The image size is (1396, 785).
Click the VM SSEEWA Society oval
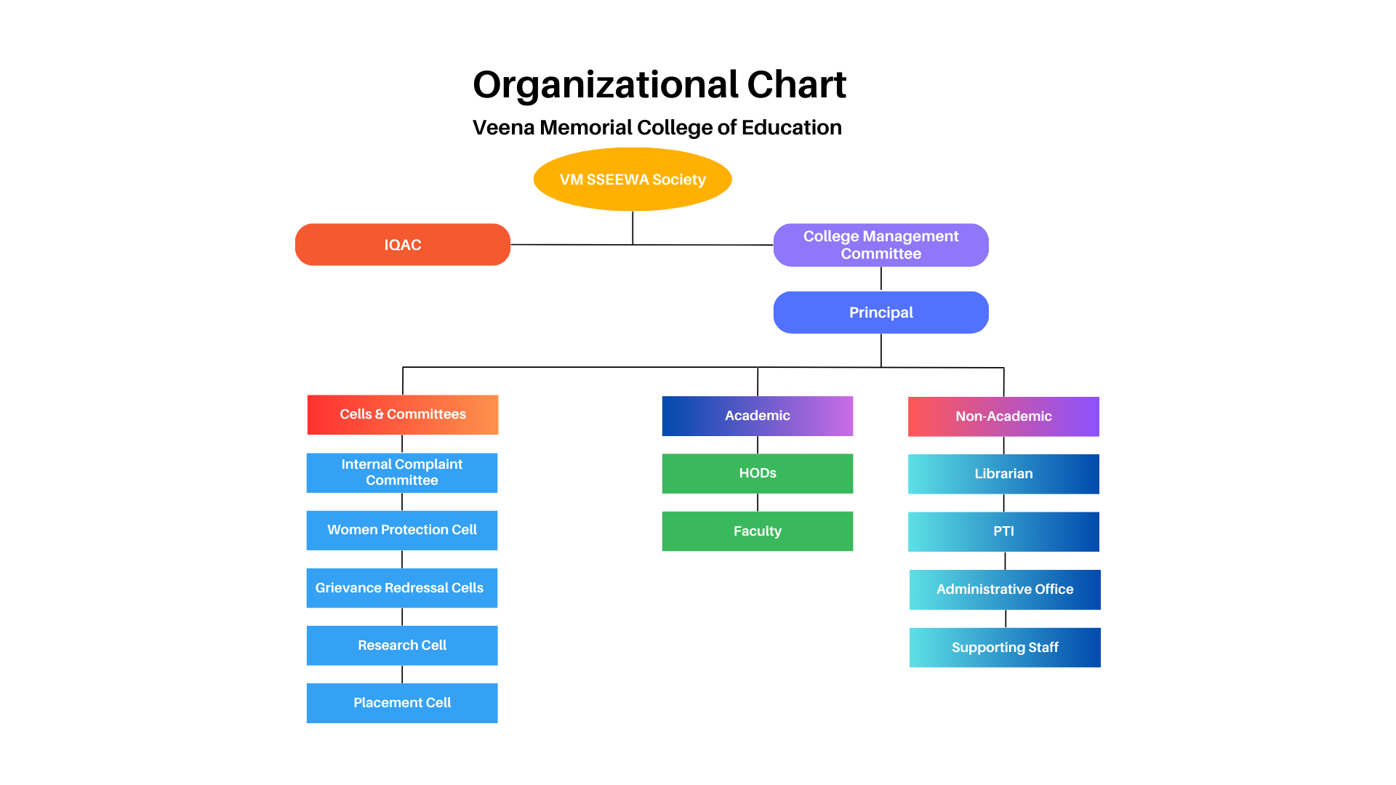633,180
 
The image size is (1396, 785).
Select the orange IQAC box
403,245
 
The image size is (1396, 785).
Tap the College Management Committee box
880,245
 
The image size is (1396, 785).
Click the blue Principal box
880,313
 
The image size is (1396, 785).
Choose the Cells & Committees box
403,414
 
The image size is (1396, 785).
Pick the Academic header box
757,416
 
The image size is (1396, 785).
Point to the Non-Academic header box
1003,416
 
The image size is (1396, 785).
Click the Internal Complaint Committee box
402,472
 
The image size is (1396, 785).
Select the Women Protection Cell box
402,530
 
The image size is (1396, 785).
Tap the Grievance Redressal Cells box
402,588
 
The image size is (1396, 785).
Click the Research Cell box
402,645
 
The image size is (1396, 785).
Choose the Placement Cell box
402,703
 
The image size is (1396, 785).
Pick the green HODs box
757,473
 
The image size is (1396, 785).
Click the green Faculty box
757,531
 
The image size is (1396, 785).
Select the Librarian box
1003,474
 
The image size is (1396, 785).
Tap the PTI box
1003,531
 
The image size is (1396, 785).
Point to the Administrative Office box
1005,589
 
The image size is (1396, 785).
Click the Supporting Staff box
1005,648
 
